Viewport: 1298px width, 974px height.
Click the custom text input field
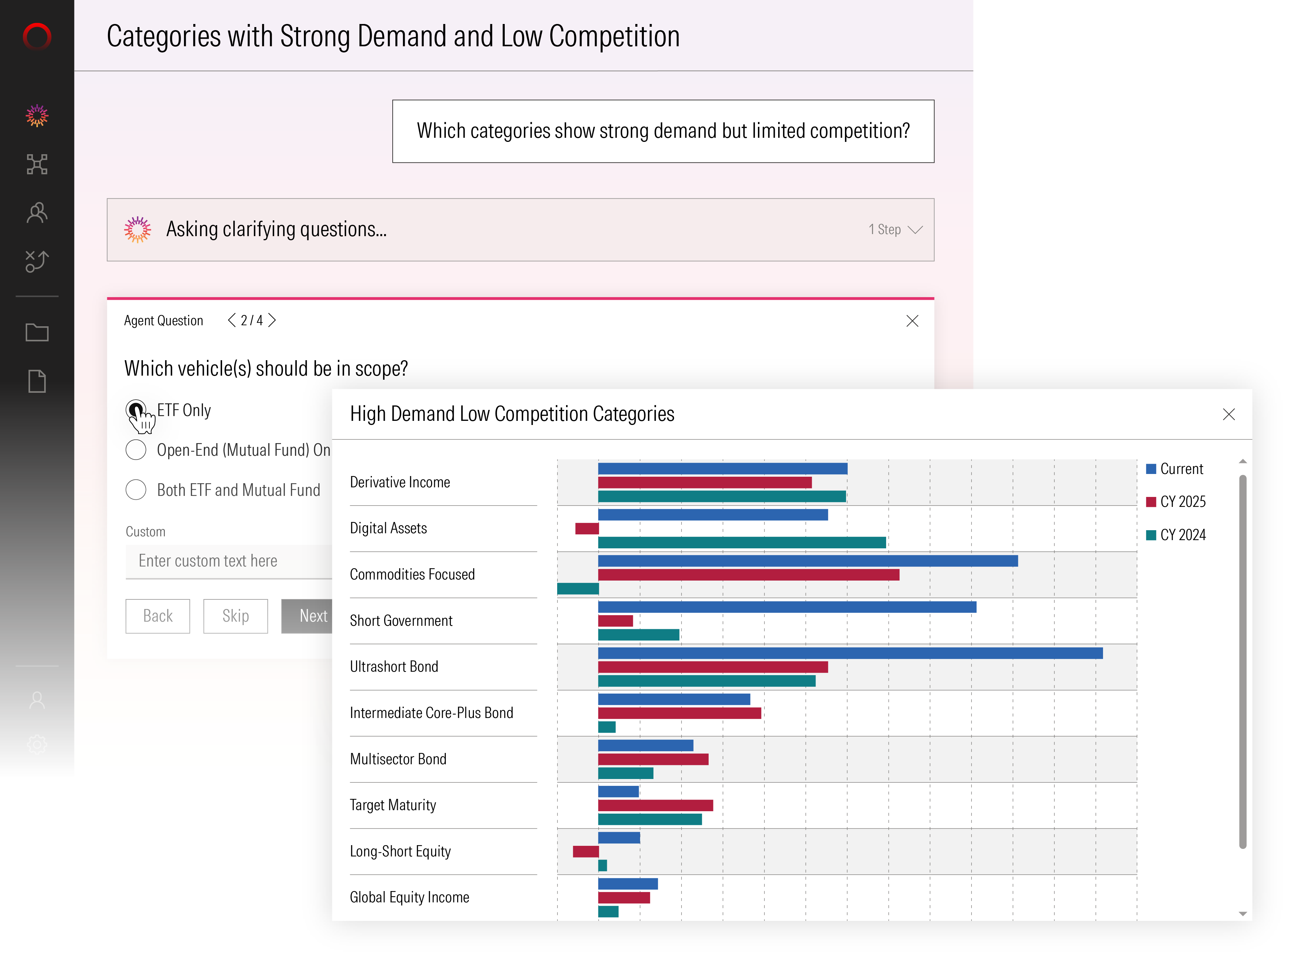pyautogui.click(x=229, y=561)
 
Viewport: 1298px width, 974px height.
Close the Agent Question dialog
pyautogui.click(x=912, y=321)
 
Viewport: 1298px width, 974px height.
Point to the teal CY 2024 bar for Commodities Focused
pyautogui.click(x=578, y=588)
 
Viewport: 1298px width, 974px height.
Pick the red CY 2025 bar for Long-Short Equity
pyautogui.click(x=586, y=851)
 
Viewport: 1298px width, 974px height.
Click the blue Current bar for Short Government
pyautogui.click(x=787, y=607)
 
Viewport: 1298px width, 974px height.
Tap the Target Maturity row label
pyautogui.click(x=393, y=805)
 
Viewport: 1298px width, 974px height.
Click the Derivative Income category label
pyautogui.click(x=400, y=482)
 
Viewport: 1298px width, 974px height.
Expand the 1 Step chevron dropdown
pyautogui.click(x=915, y=229)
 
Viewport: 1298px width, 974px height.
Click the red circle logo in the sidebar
pyautogui.click(x=37, y=36)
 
